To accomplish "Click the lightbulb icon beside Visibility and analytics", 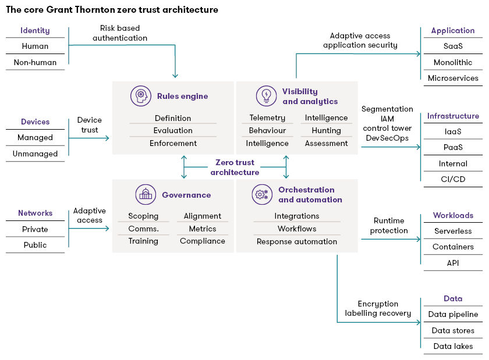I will point(266,96).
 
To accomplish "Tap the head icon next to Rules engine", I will point(141,96).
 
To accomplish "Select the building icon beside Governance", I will point(145,195).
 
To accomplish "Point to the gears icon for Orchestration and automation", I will point(261,194).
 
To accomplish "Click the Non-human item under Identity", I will point(35,62).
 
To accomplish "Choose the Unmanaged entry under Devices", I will point(35,154).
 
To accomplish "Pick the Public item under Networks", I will point(35,245).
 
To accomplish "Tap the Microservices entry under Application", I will point(453,78).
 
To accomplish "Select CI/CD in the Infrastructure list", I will point(452,179).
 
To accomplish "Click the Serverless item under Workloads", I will point(453,231).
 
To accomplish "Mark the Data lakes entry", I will point(453,346).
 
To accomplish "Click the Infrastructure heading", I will point(453,116).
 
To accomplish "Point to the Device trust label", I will point(89,125).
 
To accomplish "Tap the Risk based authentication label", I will point(120,33).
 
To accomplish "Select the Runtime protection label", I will point(389,226).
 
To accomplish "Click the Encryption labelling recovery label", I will point(378,308).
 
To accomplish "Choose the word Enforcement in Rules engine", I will point(173,143).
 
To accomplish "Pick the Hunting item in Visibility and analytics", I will point(326,131).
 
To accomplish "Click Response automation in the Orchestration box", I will point(297,241).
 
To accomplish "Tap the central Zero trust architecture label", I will point(235,167).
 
